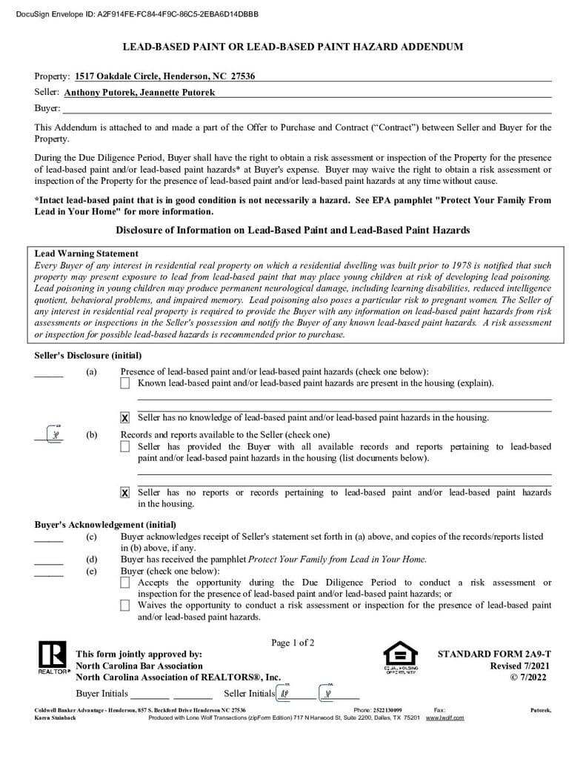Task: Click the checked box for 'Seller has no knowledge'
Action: pos(124,418)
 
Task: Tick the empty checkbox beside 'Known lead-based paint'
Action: pos(124,383)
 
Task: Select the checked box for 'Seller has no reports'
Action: pos(124,493)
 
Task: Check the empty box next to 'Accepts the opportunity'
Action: pos(124,583)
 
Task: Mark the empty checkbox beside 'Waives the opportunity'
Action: pos(124,606)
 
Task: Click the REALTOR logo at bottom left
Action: pos(51,657)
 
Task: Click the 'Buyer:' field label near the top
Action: pos(47,108)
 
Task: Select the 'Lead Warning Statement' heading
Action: pos(86,253)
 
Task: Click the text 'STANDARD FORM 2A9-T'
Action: pos(494,654)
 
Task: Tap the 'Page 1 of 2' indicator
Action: pos(293,643)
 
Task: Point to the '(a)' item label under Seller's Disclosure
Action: pos(91,372)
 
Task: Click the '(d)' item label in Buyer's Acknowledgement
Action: pos(91,560)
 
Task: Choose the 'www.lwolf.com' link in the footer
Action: pos(445,717)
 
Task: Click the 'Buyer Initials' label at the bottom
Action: pos(101,694)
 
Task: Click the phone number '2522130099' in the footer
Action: pos(387,710)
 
